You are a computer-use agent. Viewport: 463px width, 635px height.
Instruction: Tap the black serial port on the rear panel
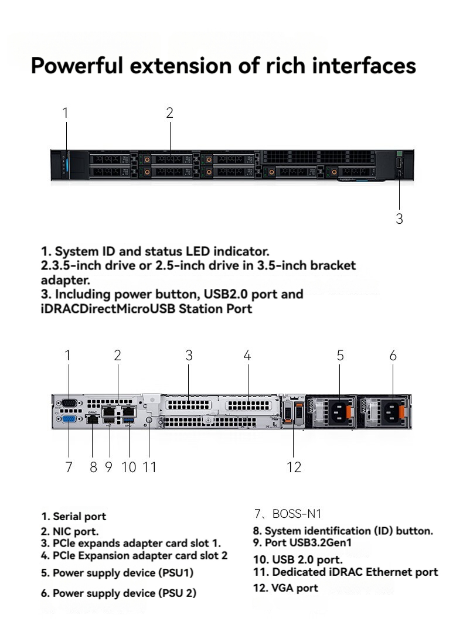coord(69,403)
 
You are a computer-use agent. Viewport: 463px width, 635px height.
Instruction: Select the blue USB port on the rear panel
coord(129,422)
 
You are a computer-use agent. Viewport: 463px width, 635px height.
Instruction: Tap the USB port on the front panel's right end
coord(399,163)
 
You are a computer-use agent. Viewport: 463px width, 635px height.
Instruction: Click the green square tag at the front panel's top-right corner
coord(399,153)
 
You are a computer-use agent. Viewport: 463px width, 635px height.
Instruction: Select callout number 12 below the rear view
coord(294,467)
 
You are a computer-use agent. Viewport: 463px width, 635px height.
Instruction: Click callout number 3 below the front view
coord(399,219)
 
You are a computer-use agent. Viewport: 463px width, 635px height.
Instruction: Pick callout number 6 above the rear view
coord(393,355)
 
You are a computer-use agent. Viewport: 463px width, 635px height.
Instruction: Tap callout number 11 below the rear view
coord(149,467)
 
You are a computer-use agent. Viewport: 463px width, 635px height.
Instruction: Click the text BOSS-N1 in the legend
coord(297,514)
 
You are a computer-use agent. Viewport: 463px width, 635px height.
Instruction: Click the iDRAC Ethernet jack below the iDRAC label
coord(93,419)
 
